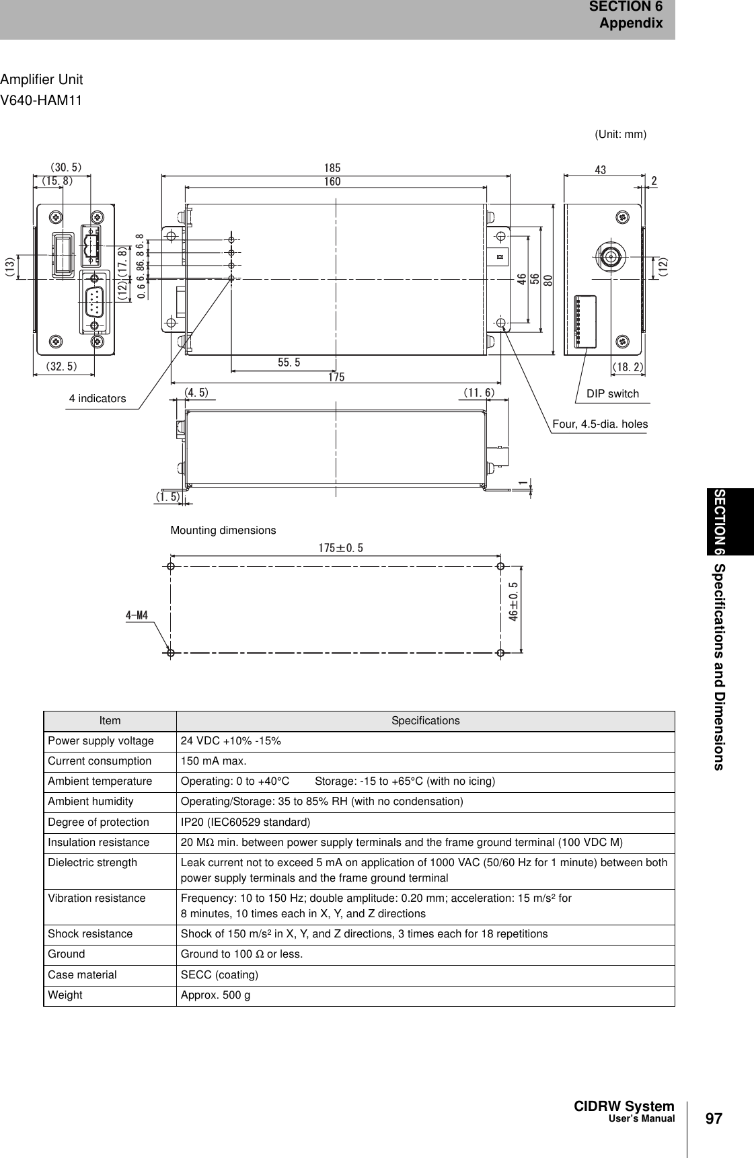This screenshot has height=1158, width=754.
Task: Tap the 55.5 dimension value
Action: pos(289,362)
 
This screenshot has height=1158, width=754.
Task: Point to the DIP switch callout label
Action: pos(612,393)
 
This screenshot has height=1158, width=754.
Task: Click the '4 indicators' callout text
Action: pos(98,398)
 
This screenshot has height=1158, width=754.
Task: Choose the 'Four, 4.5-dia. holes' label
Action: pos(600,424)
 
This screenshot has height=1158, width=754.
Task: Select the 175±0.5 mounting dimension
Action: pos(340,548)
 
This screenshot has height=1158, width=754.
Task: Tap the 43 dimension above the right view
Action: pos(601,170)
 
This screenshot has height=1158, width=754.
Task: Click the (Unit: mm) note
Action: pos(620,134)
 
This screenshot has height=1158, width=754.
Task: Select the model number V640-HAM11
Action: pos(42,101)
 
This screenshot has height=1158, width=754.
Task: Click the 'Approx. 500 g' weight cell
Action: pos(215,995)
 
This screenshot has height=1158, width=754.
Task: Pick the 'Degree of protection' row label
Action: pos(98,822)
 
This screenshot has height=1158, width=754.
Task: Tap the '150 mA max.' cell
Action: pos(213,761)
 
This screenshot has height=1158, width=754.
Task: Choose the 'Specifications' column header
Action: pos(426,720)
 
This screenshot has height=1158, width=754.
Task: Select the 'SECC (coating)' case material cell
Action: pos(219,974)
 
